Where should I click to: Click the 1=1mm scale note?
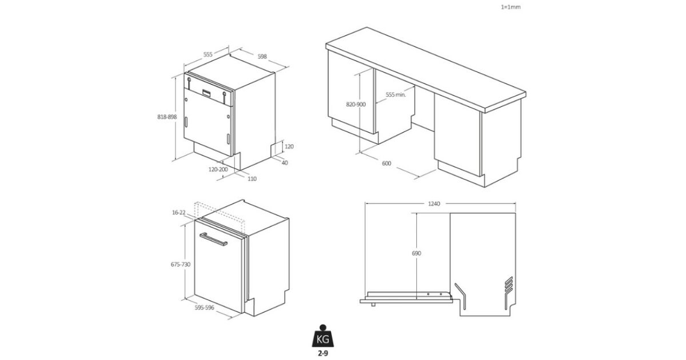tap(510, 7)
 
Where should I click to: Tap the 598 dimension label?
tap(262, 57)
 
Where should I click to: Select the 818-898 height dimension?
tap(167, 117)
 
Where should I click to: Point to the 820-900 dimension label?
tap(356, 105)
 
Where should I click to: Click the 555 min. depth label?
tap(396, 95)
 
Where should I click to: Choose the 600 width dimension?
tap(386, 163)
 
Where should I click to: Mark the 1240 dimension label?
tap(434, 203)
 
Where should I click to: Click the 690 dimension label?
tap(417, 253)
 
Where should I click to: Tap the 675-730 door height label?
tap(181, 264)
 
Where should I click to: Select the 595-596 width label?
tap(204, 307)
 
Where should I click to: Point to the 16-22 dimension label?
tap(179, 213)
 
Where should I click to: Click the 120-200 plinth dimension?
tap(218, 169)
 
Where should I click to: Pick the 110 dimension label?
tap(252, 179)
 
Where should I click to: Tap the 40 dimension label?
tap(285, 163)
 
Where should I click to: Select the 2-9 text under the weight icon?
tap(323, 354)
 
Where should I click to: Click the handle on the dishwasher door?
tap(213, 239)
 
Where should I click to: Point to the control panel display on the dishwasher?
tap(207, 93)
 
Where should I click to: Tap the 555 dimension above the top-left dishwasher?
tap(208, 54)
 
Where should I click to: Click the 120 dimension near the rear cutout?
tap(289, 147)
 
